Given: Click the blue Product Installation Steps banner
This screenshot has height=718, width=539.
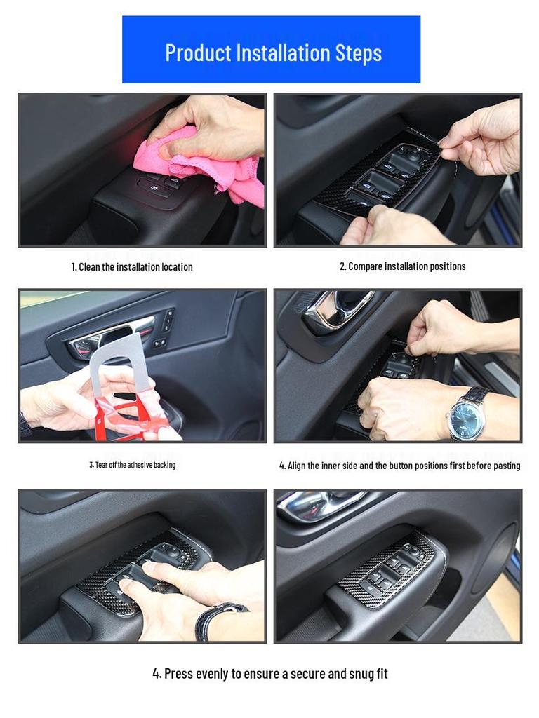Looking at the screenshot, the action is click(x=271, y=50).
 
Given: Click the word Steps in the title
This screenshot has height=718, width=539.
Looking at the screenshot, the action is click(x=359, y=53).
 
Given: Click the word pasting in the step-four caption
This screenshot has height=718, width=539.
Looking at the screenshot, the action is click(x=507, y=466).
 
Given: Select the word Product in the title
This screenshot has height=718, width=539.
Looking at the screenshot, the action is click(x=198, y=53).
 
